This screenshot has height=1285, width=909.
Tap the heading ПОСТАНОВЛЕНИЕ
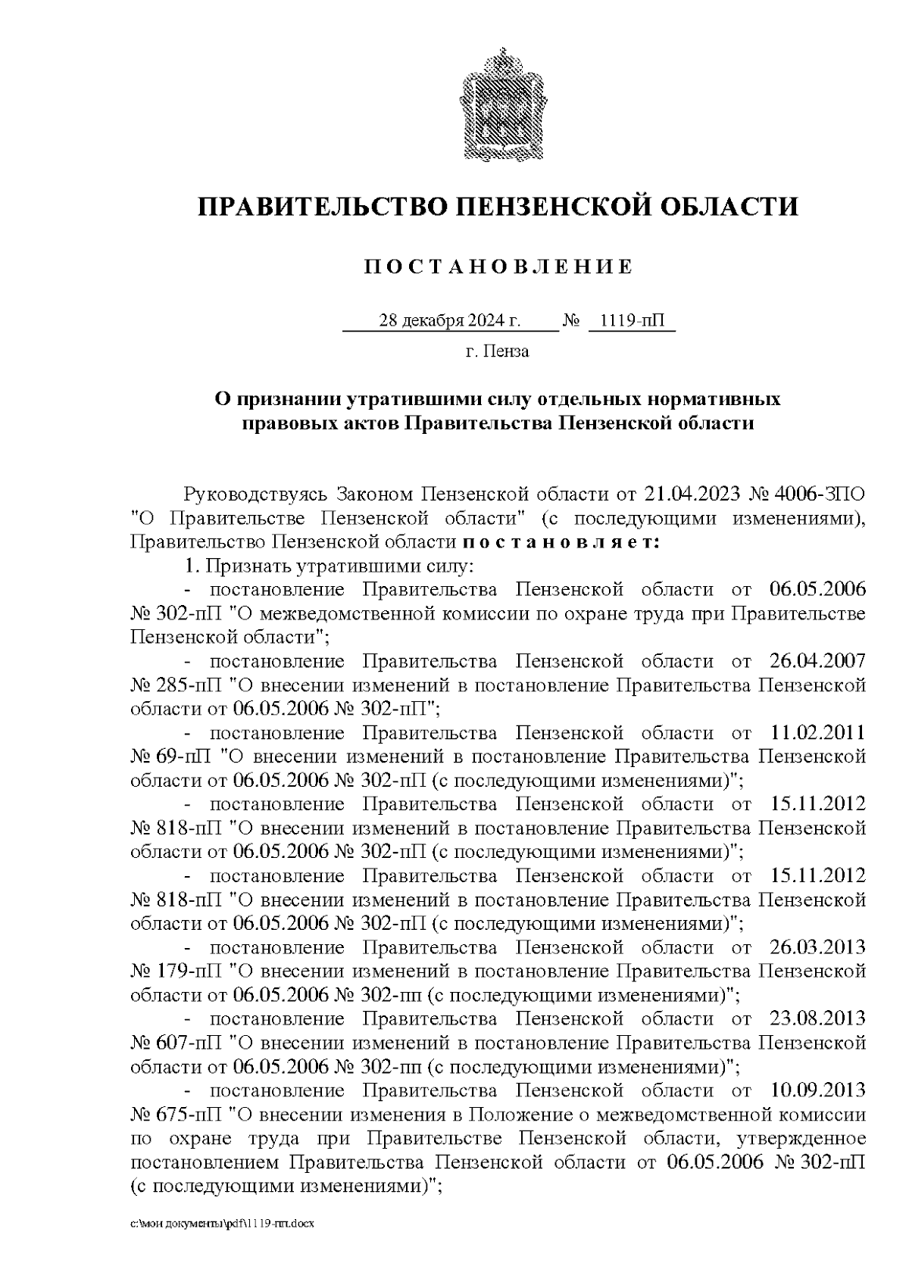(x=498, y=267)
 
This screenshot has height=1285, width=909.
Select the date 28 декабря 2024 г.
(x=449, y=321)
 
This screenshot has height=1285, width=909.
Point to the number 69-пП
(x=186, y=756)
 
